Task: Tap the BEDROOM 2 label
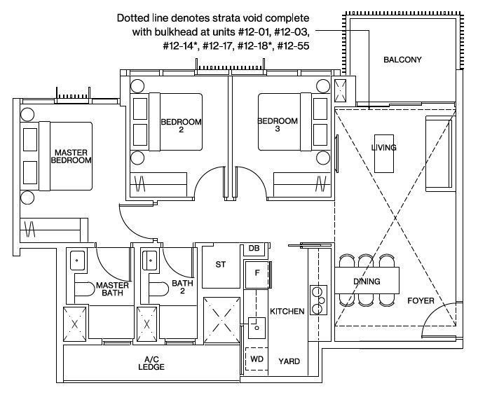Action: [181, 125]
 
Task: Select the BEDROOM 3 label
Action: [278, 124]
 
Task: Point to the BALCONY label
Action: [402, 60]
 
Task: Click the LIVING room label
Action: [383, 148]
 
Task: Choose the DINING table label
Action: [367, 282]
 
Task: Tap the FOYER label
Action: [421, 301]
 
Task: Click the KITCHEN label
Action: [287, 311]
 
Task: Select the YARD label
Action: [289, 361]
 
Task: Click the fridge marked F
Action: [257, 272]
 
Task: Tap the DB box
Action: [254, 249]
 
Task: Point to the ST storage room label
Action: [220, 265]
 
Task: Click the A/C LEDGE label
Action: [152, 363]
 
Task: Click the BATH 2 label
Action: [182, 288]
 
